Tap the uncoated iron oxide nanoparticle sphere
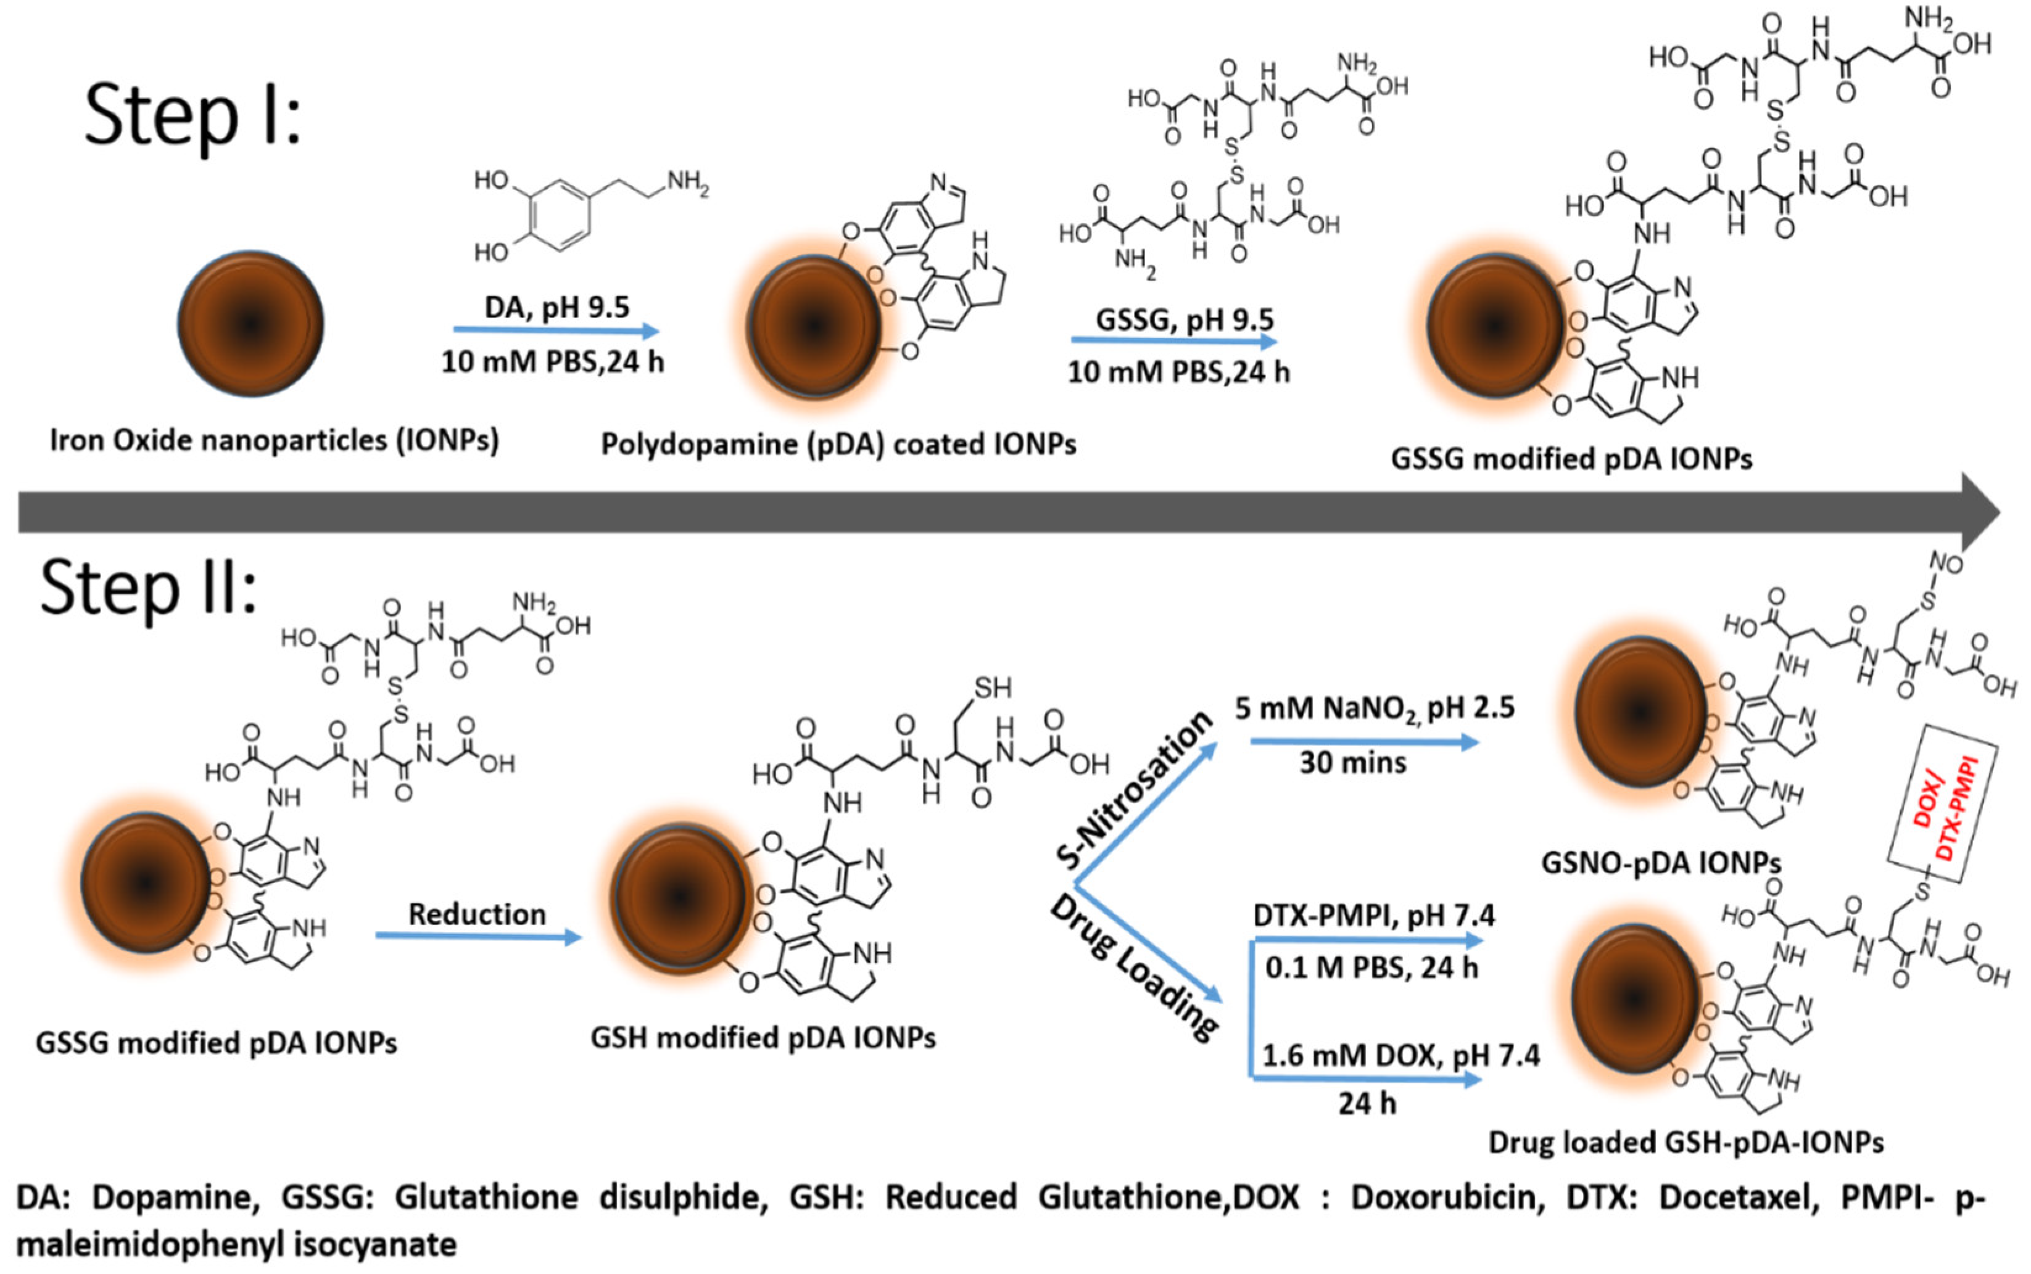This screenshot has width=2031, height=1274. point(250,324)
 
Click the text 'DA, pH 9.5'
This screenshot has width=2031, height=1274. point(556,308)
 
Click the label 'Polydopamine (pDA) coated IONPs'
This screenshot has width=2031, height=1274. point(838,445)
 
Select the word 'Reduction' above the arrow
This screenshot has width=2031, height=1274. point(477,914)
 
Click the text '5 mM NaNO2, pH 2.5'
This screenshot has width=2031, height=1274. point(1374,709)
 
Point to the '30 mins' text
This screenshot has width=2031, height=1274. point(1352,763)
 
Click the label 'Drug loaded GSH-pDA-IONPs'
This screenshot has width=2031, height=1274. point(1686,1143)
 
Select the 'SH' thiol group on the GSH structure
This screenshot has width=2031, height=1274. point(992,688)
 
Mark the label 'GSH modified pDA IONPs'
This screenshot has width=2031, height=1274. point(763,1038)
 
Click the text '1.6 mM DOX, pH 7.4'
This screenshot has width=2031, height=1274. point(1400,1056)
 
